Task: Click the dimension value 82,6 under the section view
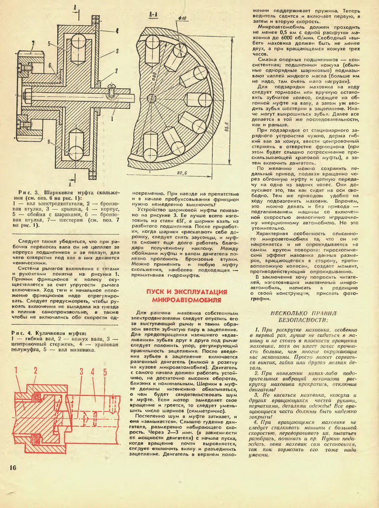182,173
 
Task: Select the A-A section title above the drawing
153,15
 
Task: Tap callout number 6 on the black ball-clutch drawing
50,65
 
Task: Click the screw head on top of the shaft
111,86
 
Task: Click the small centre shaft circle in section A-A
149,98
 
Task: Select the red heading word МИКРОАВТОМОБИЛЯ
187,300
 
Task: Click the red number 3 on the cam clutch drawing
82,372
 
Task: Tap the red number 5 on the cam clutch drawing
105,372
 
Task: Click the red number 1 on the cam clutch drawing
15,371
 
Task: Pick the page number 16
13,467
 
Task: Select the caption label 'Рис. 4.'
21,333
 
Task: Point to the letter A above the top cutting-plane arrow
74,7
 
